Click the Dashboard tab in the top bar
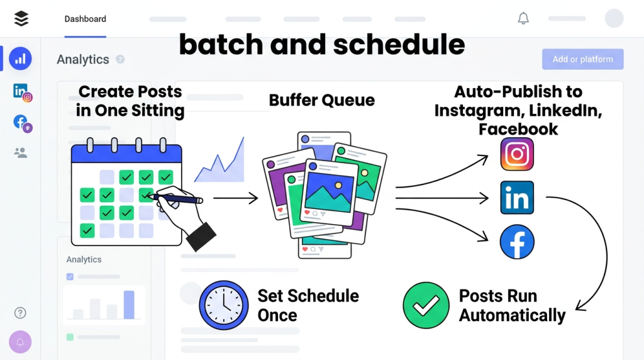85,19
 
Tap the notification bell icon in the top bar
523,18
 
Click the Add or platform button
582,59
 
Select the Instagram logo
517,154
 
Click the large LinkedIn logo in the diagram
517,198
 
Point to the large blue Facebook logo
517,242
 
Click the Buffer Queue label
321,100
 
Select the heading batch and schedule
321,45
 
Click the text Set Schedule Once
308,305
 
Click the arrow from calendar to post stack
235,198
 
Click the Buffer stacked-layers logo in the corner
21,19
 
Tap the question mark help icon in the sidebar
21,313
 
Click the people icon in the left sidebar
21,152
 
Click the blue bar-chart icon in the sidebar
20,59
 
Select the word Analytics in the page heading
83,59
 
